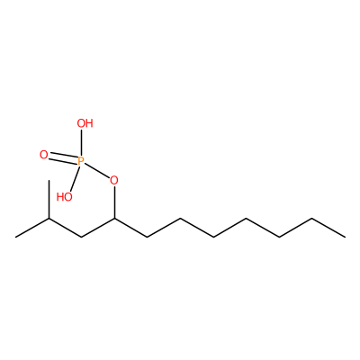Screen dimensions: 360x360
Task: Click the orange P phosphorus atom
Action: coord(80,161)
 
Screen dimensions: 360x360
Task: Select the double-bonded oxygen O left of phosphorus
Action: coord(44,155)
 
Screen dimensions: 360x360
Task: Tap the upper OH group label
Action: coord(85,123)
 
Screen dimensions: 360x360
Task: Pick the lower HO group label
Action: coord(65,197)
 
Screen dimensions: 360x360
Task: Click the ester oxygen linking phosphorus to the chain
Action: coord(114,181)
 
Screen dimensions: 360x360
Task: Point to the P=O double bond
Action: coord(62,157)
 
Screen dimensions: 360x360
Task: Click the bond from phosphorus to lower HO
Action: coord(74,179)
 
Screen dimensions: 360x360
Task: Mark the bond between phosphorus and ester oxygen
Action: coord(96,171)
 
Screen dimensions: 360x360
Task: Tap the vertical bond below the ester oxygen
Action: coord(114,202)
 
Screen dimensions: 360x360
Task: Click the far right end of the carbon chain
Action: coord(345,238)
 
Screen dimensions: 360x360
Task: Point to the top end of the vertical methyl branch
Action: coord(49,180)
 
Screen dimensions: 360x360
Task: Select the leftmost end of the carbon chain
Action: coord(15,238)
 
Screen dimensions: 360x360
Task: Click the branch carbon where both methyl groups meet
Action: coord(49,219)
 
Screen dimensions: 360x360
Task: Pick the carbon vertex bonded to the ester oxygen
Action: coord(114,219)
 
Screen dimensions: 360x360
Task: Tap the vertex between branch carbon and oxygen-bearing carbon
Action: coord(82,238)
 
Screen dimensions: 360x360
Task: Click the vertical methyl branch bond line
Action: coord(49,199)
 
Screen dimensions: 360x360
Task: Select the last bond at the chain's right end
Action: coord(328,228)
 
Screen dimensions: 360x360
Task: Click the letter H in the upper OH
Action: coord(89,123)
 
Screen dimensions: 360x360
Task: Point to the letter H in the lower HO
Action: coord(60,197)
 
